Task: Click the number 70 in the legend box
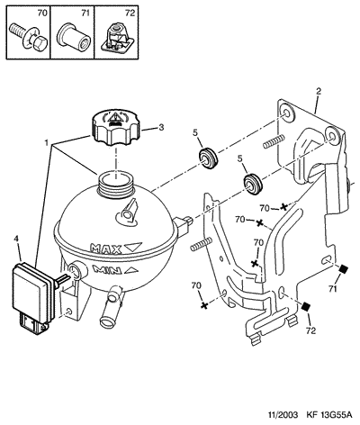click(42, 13)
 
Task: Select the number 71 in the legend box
click(85, 13)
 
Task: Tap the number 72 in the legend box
click(130, 13)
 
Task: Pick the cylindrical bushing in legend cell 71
click(74, 36)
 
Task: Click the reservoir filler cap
click(116, 128)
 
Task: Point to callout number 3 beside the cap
click(161, 127)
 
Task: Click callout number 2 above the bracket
click(319, 91)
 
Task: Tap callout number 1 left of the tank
click(46, 143)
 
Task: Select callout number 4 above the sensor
click(16, 239)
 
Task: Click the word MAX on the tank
click(106, 248)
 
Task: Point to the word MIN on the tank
click(107, 269)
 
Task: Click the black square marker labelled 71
click(343, 269)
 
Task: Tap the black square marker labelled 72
click(305, 306)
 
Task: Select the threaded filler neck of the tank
click(115, 184)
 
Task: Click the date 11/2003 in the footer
click(283, 415)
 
